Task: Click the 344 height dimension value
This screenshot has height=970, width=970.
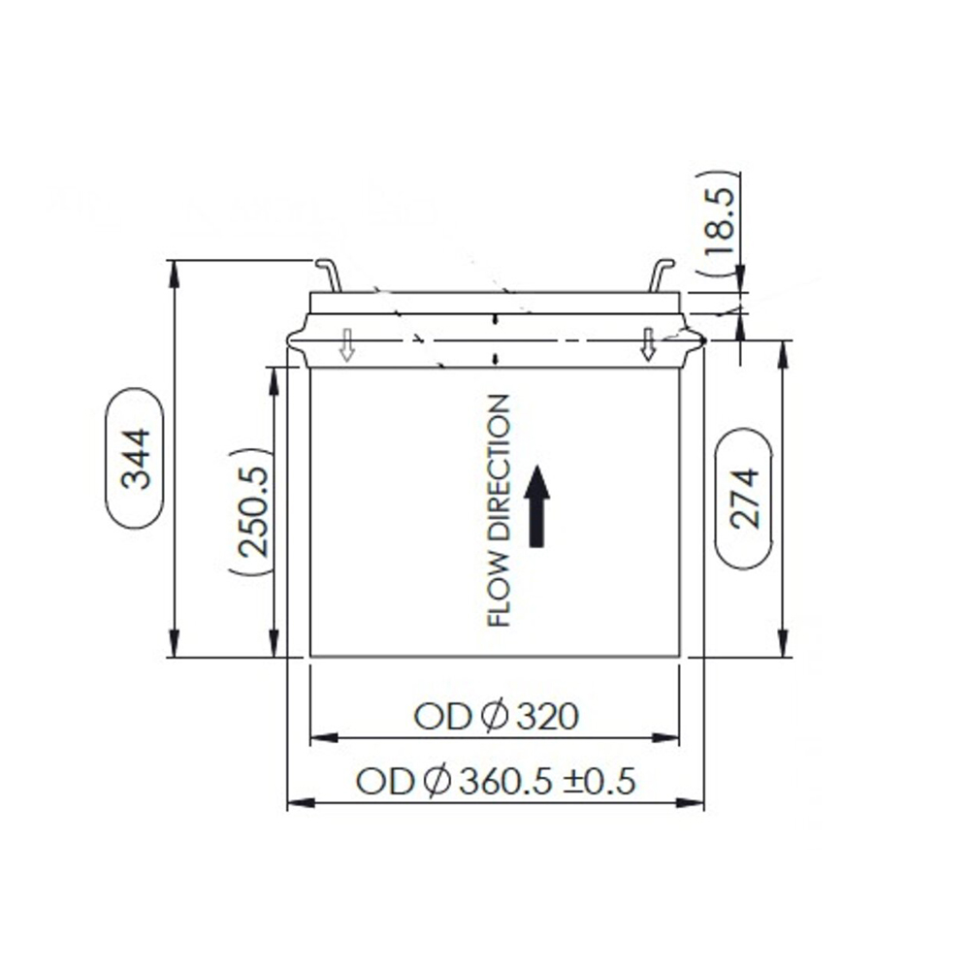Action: pyautogui.click(x=134, y=458)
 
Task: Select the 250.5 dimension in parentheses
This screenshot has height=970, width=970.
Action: pyautogui.click(x=253, y=513)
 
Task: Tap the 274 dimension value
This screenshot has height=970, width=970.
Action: pyautogui.click(x=743, y=498)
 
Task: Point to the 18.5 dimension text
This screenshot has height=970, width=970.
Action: pyautogui.click(x=719, y=223)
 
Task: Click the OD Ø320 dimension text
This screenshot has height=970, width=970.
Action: pyautogui.click(x=496, y=717)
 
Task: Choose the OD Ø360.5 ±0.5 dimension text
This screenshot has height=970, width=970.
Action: pyautogui.click(x=496, y=781)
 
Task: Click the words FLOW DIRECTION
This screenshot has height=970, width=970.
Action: pyautogui.click(x=499, y=510)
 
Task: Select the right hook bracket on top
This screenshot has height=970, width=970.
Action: pyautogui.click(x=661, y=274)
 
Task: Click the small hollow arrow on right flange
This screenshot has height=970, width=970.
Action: pyautogui.click(x=648, y=344)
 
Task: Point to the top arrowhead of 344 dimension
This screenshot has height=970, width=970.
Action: pyautogui.click(x=174, y=272)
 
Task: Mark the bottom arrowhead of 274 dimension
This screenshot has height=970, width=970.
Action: pyautogui.click(x=782, y=645)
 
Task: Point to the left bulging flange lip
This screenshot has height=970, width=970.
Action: pyautogui.click(x=297, y=339)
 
